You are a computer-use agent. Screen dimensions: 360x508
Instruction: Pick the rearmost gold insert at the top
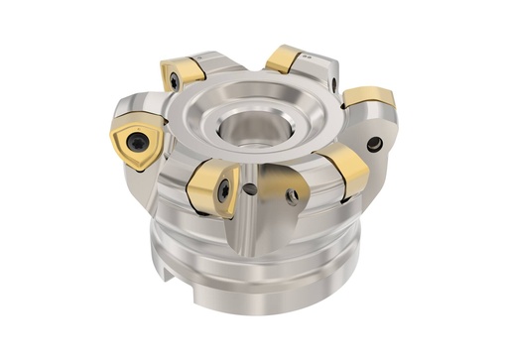pos(285,59)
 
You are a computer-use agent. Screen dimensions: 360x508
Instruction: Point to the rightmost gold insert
pos(371,98)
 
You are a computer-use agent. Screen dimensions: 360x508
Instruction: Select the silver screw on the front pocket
pos(292,196)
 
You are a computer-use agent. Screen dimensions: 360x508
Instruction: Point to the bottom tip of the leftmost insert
pos(138,170)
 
